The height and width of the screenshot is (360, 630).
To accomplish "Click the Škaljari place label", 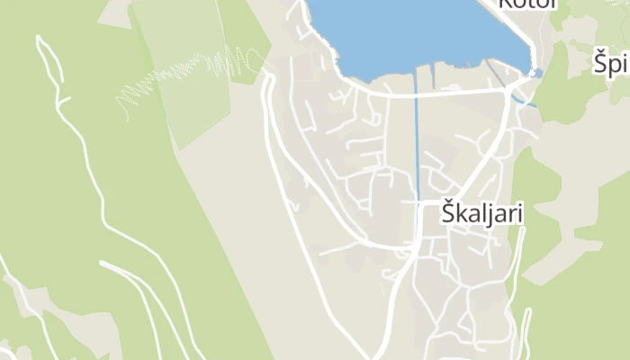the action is (482, 214).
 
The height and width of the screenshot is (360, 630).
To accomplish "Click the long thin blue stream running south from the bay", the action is (417, 144).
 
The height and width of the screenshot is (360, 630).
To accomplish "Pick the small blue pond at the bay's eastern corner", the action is (538, 73).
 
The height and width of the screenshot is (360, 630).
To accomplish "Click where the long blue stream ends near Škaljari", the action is (418, 200).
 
